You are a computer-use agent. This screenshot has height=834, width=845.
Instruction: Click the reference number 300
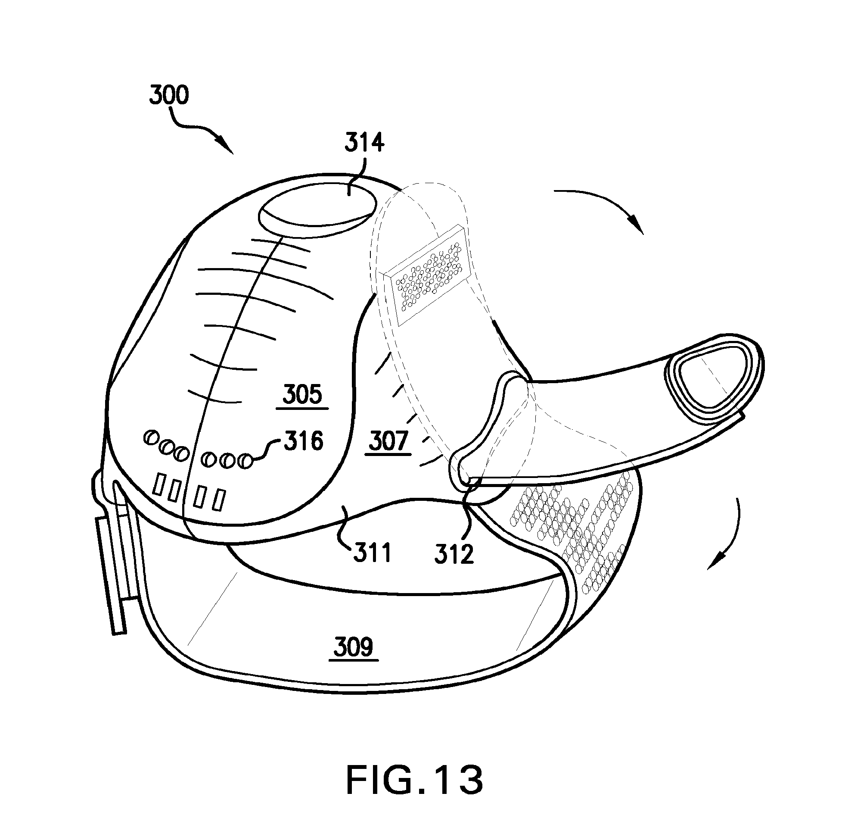click(x=169, y=95)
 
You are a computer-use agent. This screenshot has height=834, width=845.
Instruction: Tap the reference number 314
click(x=364, y=143)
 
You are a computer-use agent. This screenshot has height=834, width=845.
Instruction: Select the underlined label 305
click(x=302, y=394)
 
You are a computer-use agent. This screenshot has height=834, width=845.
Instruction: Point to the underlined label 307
click(x=388, y=441)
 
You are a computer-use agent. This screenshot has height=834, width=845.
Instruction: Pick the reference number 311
click(x=373, y=553)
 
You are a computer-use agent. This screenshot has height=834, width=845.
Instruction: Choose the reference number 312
click(x=454, y=554)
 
